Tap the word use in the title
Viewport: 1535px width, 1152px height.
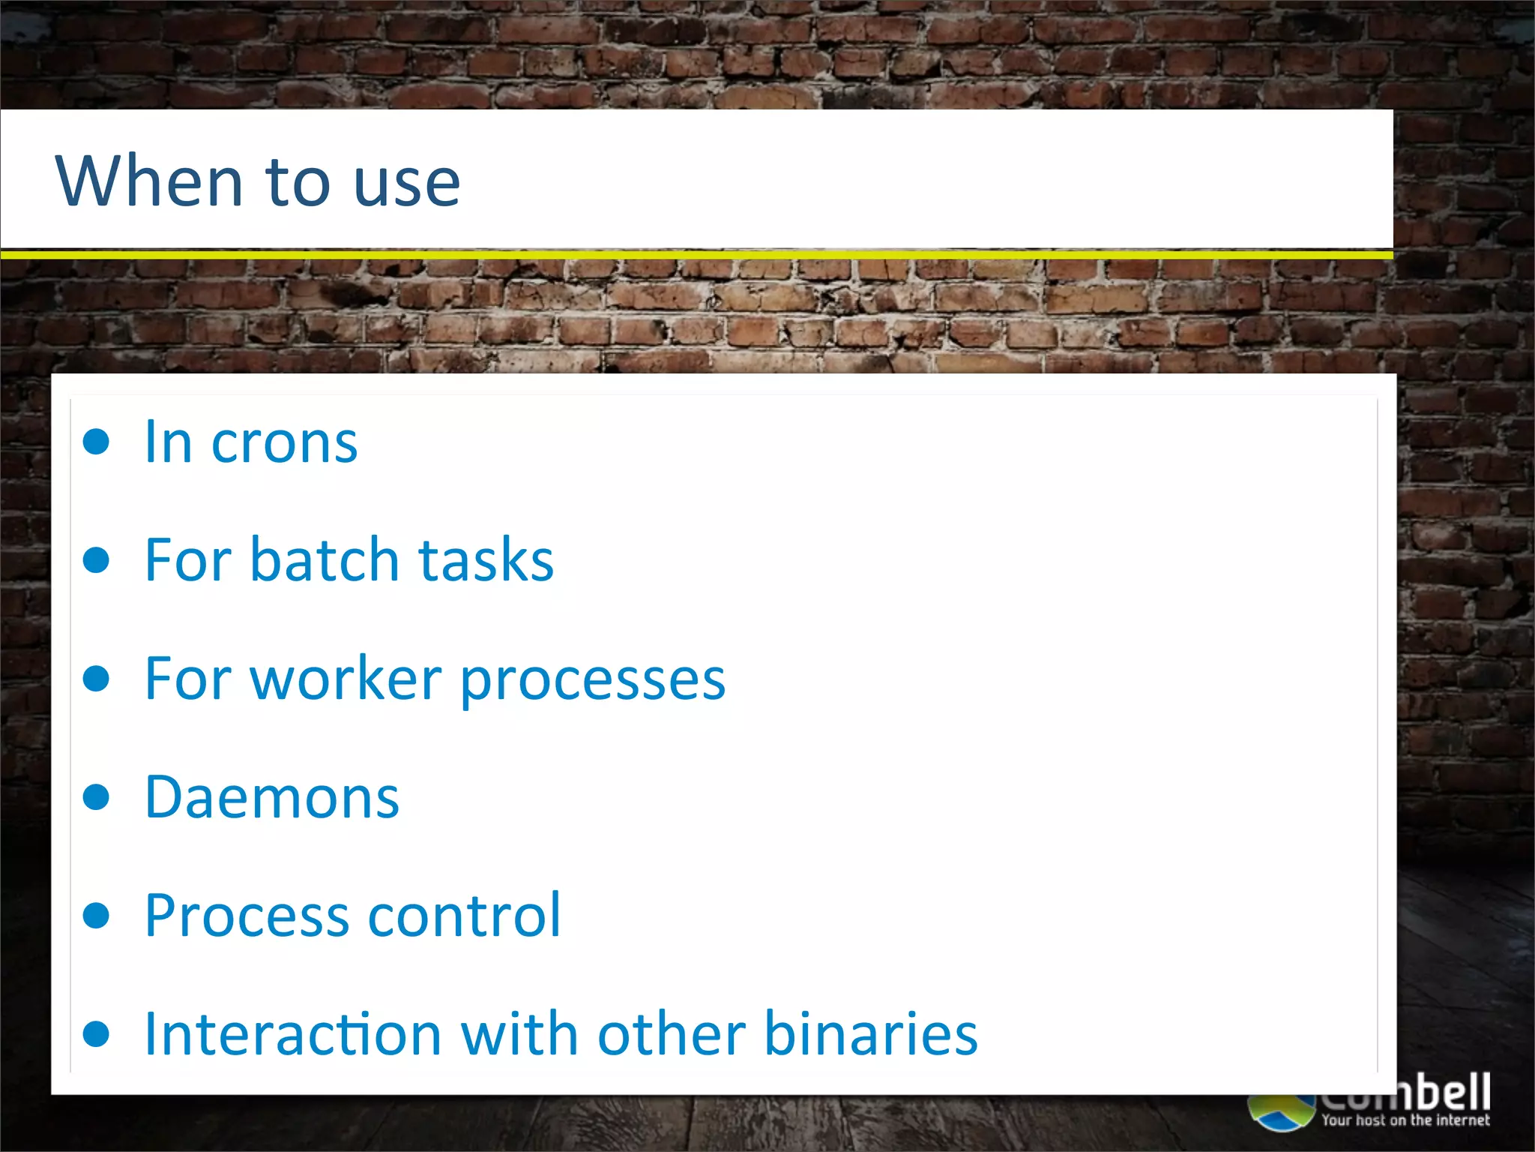pos(406,184)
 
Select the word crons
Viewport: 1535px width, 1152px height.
pos(284,444)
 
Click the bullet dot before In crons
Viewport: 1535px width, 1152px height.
pos(97,442)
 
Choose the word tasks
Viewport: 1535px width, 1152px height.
pos(486,560)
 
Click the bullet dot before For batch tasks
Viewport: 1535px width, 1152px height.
pos(97,560)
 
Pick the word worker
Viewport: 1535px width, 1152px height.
pos(346,679)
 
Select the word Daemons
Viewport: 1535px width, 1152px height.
pos(271,797)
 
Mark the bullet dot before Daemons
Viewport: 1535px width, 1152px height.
pos(97,796)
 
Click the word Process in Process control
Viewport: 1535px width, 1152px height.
pos(247,916)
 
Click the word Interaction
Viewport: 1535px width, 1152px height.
pos(292,1034)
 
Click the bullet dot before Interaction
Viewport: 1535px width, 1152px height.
pos(97,1033)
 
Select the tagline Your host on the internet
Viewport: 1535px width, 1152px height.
pos(1405,1120)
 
